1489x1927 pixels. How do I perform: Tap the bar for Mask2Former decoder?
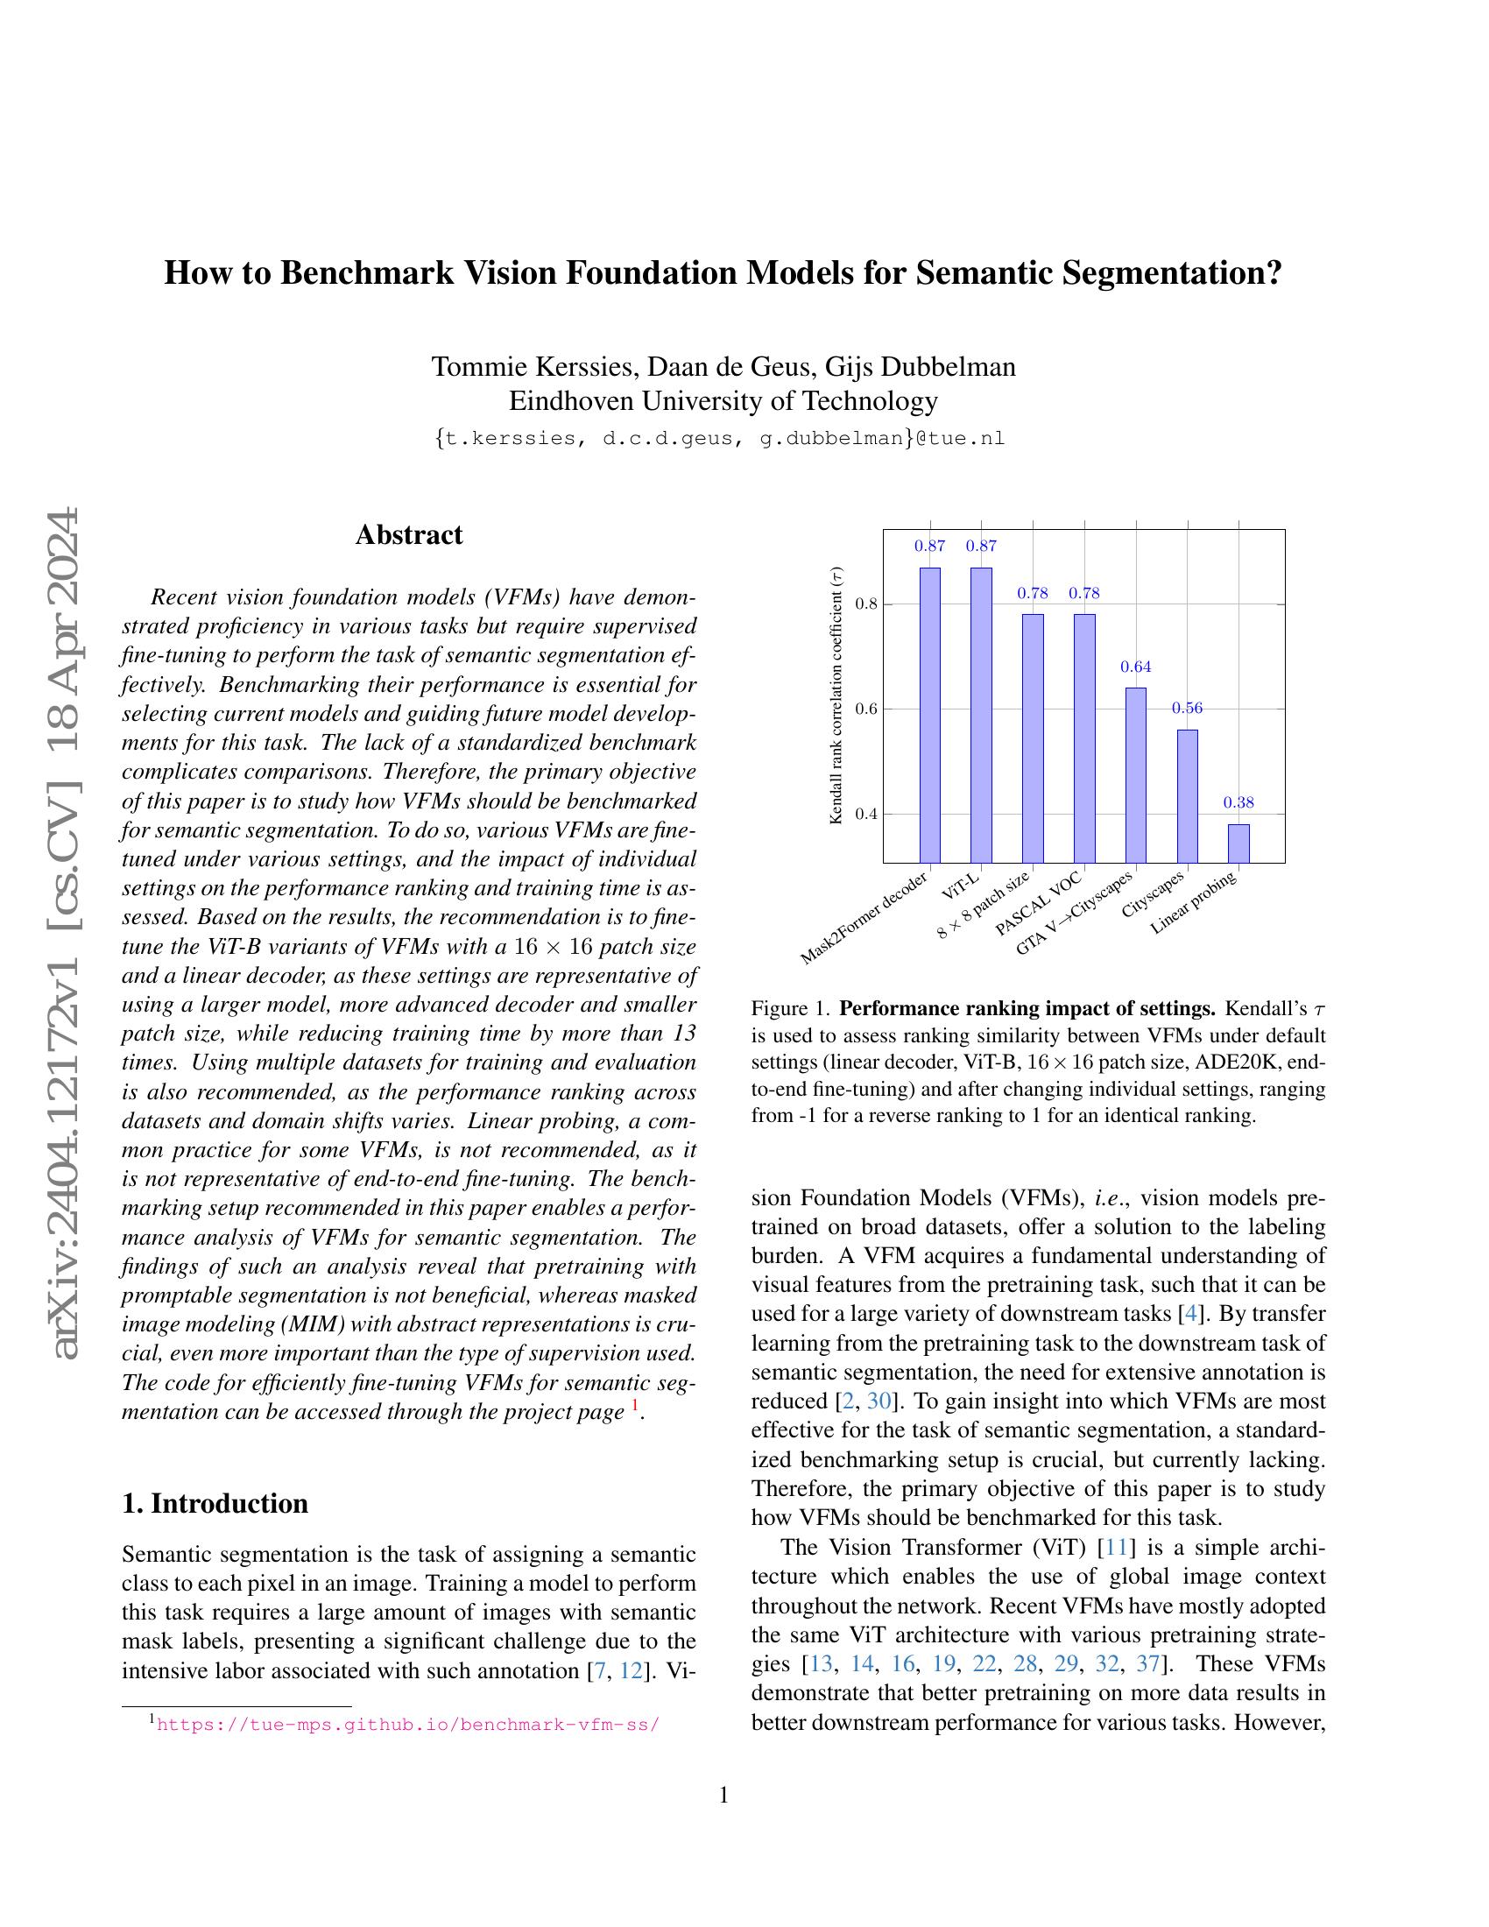929,715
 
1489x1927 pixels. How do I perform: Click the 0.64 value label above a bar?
1136,667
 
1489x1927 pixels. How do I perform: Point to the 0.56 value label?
1187,709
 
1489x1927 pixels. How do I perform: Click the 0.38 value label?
1238,803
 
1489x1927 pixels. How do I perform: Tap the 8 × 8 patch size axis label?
984,906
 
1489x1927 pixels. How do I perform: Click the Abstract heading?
408,534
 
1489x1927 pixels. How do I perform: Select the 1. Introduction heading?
215,1503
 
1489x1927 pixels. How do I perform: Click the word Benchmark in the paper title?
367,273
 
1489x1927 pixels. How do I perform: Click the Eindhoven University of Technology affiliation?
723,401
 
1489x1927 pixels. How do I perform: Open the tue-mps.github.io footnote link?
406,1724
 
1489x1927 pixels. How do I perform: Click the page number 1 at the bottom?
724,1796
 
